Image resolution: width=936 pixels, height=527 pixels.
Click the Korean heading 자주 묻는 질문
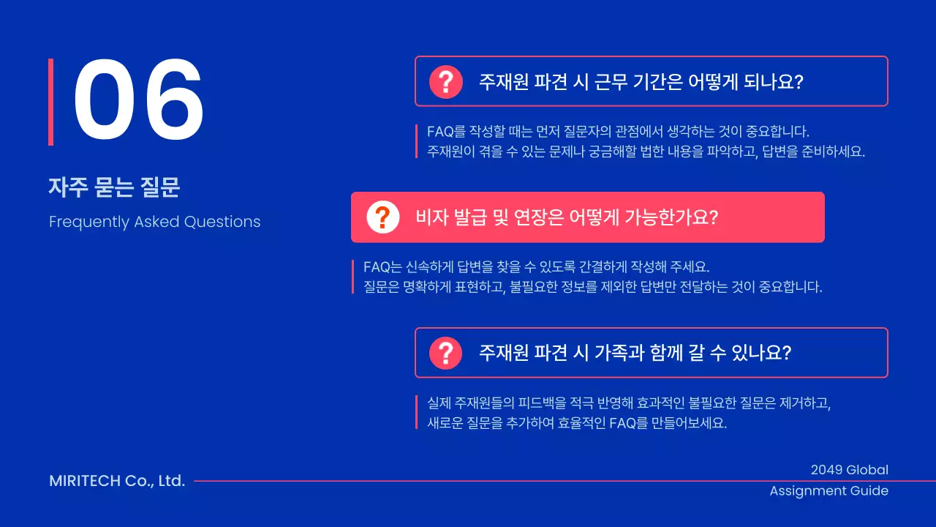click(114, 188)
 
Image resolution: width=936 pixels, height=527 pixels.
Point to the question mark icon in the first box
click(446, 81)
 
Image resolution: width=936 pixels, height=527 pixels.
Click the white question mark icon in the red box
click(382, 217)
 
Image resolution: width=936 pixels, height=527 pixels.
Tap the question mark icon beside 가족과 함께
click(446, 353)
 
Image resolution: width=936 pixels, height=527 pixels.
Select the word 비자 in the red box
click(431, 217)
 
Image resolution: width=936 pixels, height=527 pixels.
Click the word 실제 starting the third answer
click(439, 403)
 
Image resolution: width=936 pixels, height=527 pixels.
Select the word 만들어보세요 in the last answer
click(689, 424)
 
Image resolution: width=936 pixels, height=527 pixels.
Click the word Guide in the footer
click(869, 490)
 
